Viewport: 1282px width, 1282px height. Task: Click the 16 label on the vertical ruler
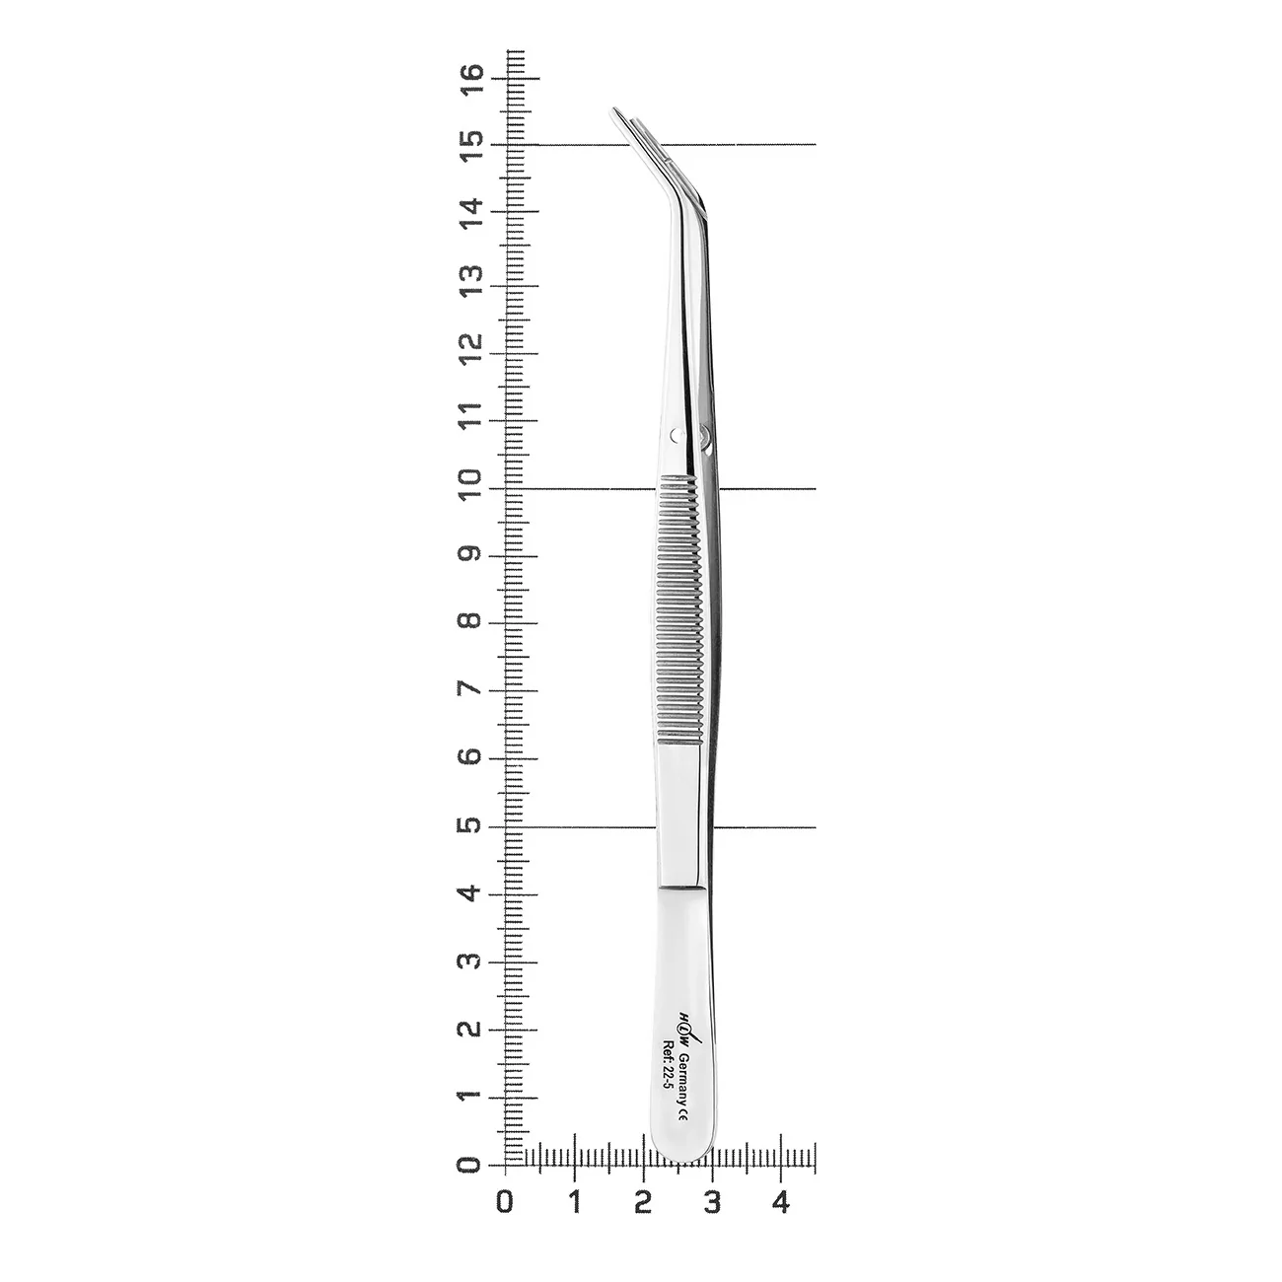[470, 79]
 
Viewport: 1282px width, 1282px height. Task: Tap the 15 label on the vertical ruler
[470, 146]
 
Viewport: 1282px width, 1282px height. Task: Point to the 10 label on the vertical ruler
[470, 484]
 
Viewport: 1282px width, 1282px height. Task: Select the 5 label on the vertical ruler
[470, 825]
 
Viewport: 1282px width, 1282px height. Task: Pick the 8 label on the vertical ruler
[470, 620]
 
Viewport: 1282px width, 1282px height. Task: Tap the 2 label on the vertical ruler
[470, 1028]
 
